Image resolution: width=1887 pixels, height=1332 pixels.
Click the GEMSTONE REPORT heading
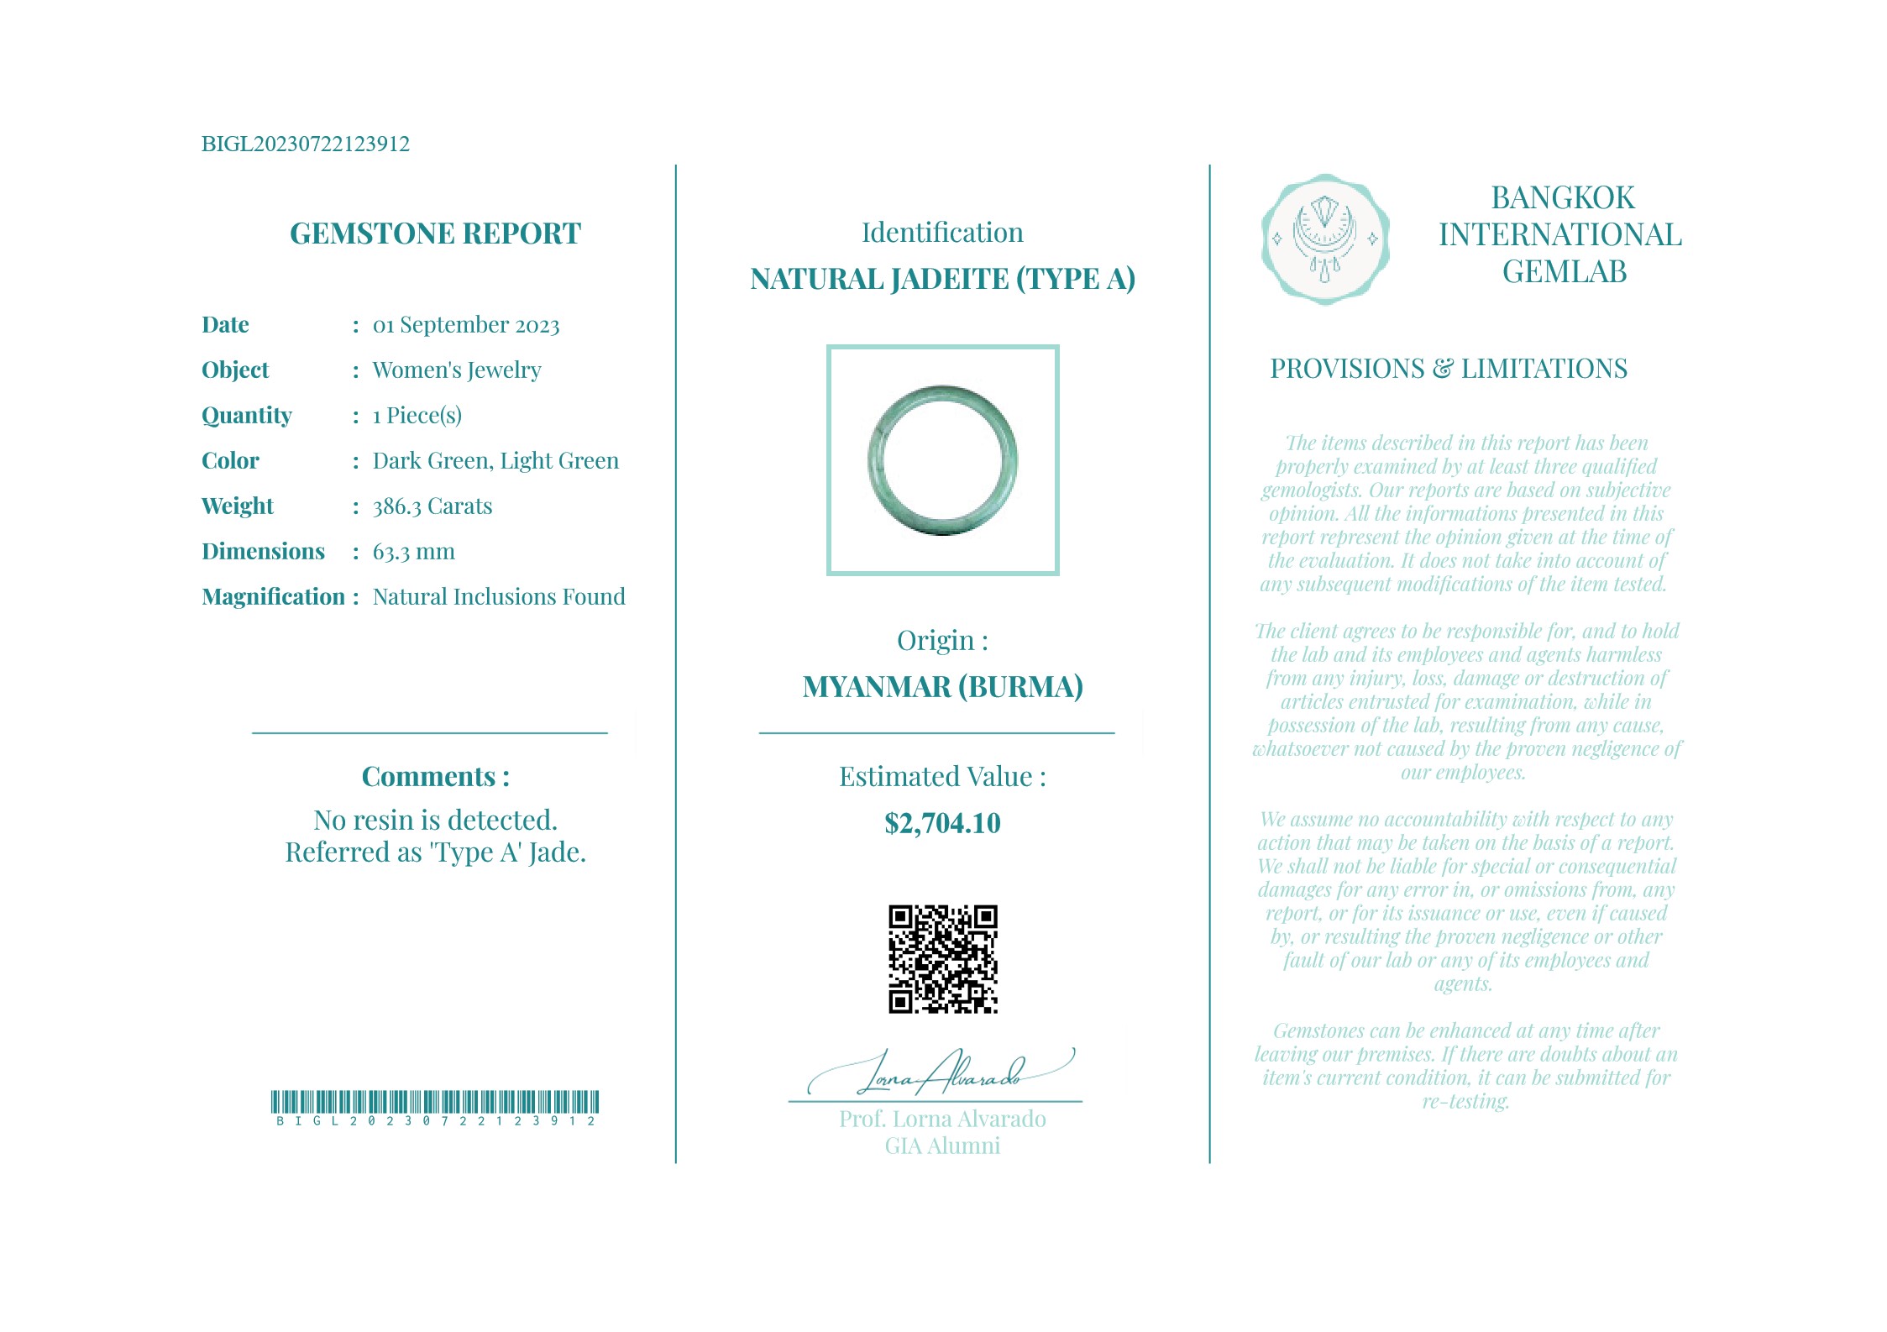tap(435, 233)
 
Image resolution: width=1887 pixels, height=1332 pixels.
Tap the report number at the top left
tap(305, 144)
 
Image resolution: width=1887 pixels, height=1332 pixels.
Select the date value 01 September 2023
tap(465, 325)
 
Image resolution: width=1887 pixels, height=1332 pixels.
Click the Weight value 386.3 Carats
tap(432, 506)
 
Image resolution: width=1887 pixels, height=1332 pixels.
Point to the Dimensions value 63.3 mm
tap(413, 552)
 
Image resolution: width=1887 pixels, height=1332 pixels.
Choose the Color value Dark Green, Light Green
tap(495, 461)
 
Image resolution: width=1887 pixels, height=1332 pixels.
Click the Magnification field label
tap(274, 597)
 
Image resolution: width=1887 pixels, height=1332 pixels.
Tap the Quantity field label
tap(246, 416)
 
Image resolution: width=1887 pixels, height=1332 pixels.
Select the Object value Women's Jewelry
tap(456, 370)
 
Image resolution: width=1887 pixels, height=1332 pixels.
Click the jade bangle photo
tap(942, 460)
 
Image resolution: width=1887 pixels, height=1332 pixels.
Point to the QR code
tap(942, 959)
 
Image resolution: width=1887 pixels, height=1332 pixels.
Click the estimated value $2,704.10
tap(942, 824)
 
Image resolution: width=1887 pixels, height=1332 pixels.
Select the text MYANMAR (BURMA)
tap(942, 687)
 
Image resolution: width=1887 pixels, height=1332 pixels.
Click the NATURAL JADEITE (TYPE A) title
tap(942, 279)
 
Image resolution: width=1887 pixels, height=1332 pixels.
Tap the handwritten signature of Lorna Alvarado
tap(941, 1073)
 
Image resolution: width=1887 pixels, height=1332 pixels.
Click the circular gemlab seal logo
tap(1324, 239)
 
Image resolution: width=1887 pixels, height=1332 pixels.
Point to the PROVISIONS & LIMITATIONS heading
tap(1448, 369)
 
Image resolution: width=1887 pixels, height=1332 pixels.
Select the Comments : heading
tap(435, 777)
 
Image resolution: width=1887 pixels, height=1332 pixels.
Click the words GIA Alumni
tap(942, 1146)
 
